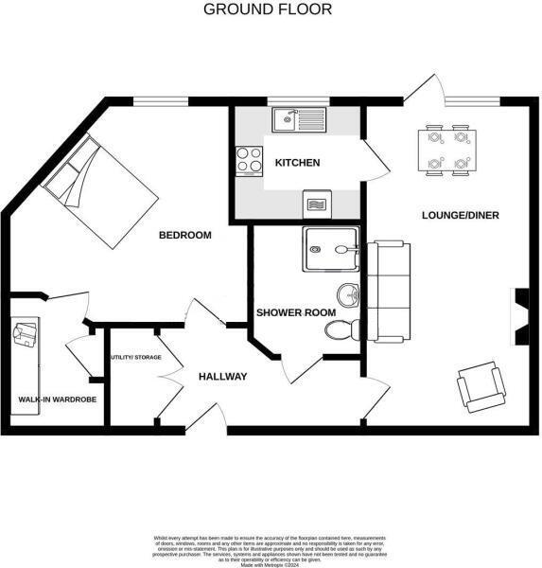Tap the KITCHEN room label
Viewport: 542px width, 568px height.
point(297,163)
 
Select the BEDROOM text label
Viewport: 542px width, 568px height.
point(184,235)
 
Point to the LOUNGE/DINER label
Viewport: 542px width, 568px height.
point(460,215)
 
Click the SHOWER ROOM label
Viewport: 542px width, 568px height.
point(290,311)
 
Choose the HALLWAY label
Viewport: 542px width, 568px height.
point(222,377)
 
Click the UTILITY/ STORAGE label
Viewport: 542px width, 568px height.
point(136,357)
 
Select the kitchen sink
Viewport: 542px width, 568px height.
point(298,118)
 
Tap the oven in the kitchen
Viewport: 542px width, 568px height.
point(318,203)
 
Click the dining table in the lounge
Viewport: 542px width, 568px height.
point(446,150)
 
